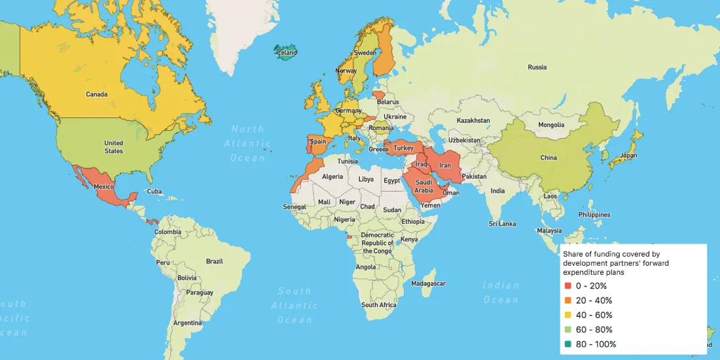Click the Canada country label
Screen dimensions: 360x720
96,94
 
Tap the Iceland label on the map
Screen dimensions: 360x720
286,52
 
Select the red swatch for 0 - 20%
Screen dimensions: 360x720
567,286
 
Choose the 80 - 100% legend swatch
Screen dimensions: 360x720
567,344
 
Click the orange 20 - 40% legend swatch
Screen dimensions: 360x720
567,300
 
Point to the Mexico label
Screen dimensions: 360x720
104,187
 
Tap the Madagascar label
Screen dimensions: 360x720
429,283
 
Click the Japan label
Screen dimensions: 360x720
628,156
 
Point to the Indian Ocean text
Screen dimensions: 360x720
501,293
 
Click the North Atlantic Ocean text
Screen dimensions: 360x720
247,143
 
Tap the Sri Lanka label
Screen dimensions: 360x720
502,224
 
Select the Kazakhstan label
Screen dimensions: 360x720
473,120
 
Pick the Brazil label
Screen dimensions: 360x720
214,261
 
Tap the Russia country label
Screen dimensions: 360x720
537,67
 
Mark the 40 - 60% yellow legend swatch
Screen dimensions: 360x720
567,315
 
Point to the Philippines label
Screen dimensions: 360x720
594,215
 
